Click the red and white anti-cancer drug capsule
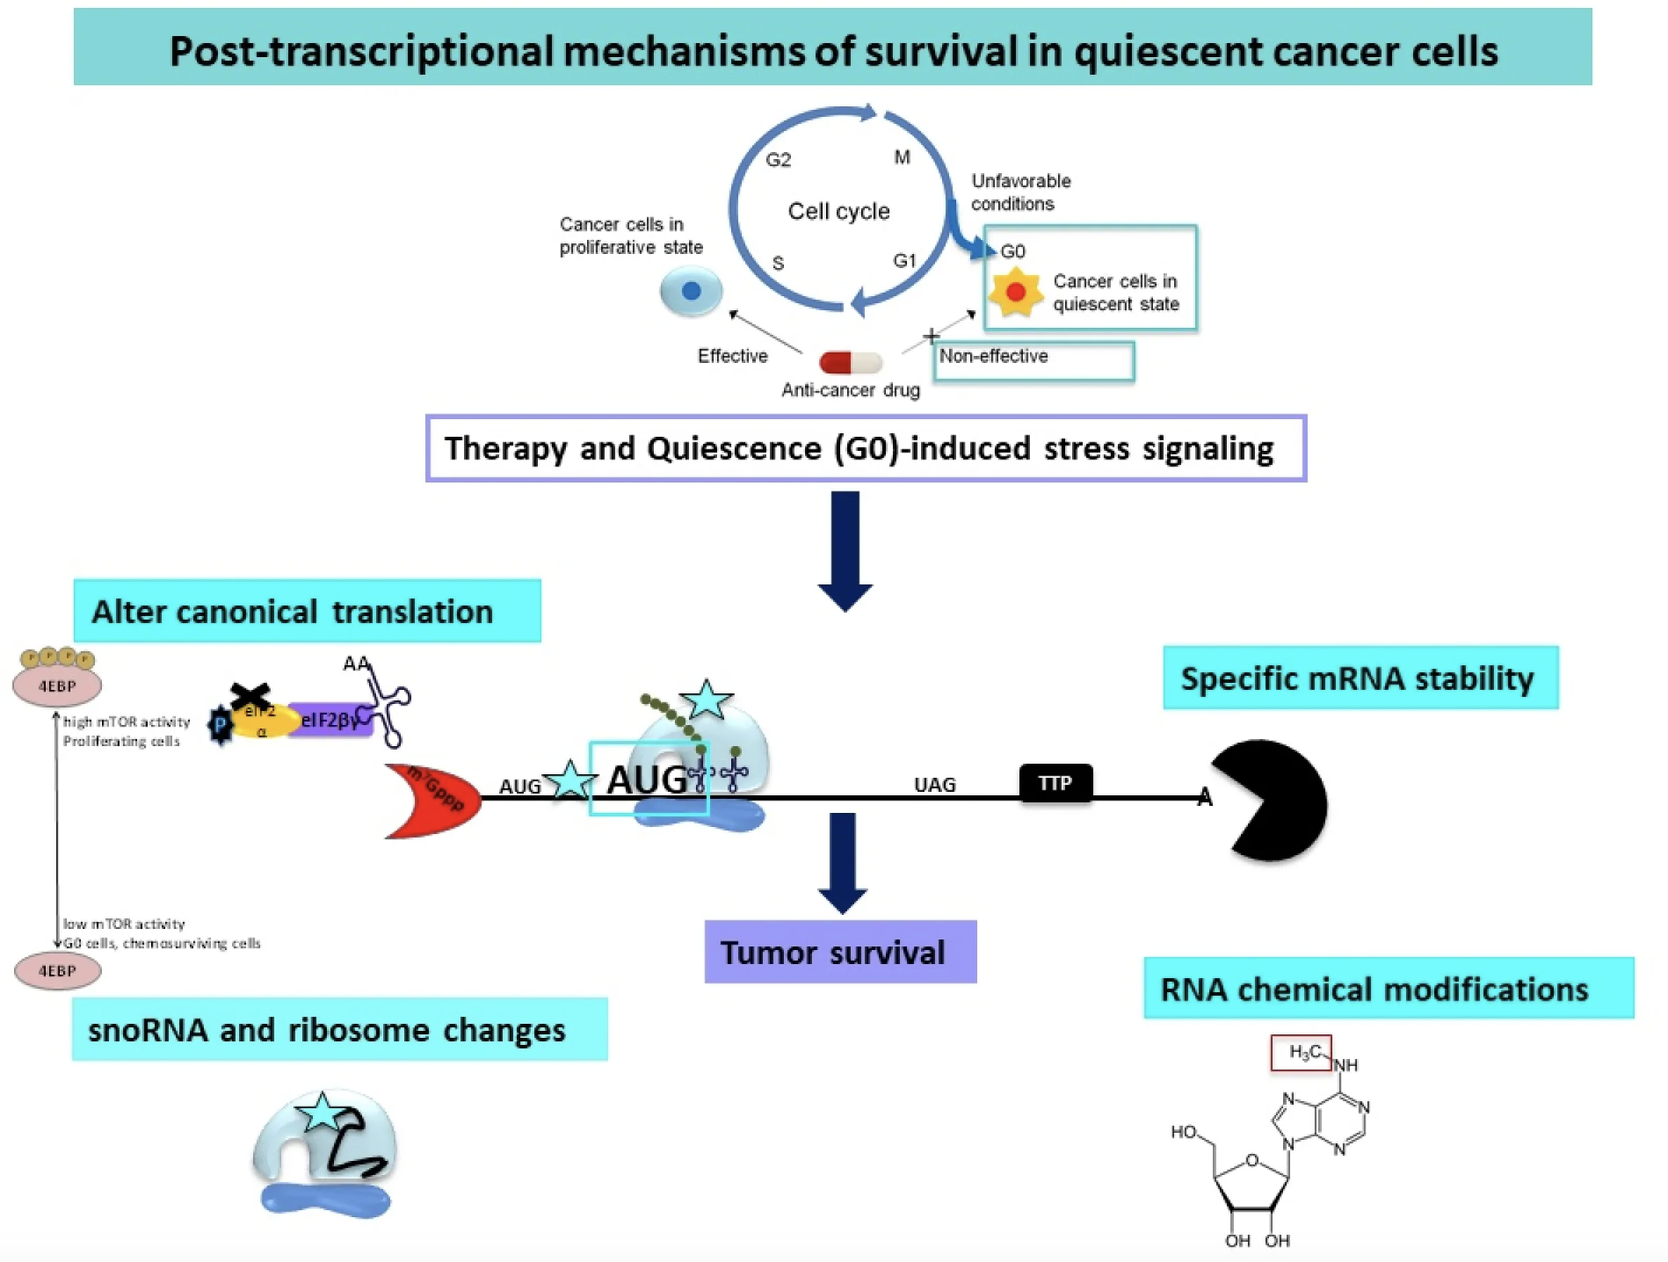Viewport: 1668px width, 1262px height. point(850,362)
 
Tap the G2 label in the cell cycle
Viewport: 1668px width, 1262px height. point(778,160)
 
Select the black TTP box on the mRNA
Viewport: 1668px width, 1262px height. point(1055,783)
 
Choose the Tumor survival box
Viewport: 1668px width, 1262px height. point(839,952)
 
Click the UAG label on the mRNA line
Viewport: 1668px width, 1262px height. point(934,785)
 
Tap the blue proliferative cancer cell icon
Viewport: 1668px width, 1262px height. point(691,291)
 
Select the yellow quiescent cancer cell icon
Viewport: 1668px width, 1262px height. point(1015,293)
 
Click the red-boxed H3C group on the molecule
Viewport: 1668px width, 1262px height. point(1301,1053)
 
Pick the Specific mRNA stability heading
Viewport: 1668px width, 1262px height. point(1360,678)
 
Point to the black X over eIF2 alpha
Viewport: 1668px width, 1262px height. point(250,698)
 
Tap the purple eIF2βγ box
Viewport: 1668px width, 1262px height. point(330,721)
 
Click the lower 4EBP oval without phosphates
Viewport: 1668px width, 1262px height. point(57,971)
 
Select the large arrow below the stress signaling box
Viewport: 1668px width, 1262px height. point(845,550)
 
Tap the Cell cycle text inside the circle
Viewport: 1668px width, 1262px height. point(838,212)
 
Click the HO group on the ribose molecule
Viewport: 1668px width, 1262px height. point(1183,1132)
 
